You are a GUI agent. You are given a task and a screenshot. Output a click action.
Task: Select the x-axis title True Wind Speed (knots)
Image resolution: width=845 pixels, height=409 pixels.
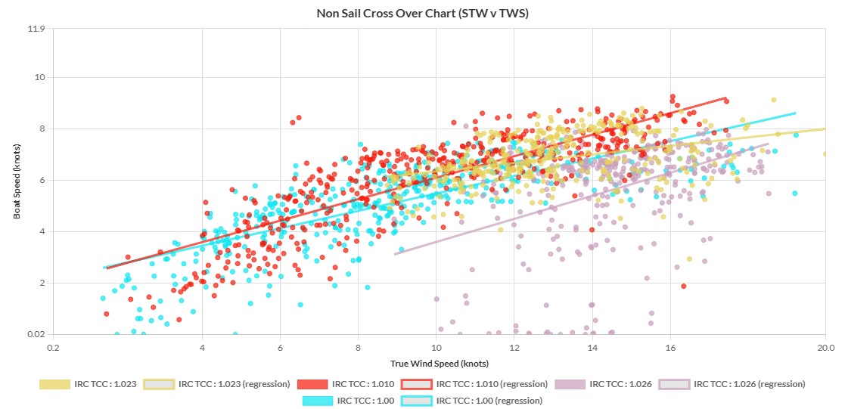point(437,364)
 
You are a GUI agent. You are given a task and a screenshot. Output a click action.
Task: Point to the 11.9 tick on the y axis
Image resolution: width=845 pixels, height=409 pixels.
point(36,29)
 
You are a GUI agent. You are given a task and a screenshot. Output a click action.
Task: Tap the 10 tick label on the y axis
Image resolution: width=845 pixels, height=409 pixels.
point(40,77)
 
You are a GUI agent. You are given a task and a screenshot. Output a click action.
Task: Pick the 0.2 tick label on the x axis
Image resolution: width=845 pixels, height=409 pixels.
point(53,349)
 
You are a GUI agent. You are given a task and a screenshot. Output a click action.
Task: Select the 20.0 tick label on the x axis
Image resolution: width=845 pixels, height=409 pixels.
point(825,349)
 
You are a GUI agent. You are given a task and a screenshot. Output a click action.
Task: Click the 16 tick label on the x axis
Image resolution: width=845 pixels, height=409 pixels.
point(670,349)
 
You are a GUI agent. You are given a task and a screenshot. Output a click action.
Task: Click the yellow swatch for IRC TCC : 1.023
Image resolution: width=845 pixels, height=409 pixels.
point(54,384)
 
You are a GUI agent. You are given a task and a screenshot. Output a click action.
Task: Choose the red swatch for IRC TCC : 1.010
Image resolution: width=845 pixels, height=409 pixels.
point(312,384)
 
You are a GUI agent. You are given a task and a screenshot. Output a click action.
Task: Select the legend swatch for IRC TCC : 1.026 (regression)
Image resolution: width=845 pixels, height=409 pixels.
point(674,384)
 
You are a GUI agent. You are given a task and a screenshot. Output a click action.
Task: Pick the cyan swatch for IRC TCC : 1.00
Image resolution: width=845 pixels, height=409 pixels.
point(317,401)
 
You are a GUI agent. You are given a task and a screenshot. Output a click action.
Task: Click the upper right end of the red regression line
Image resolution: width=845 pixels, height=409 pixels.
point(726,98)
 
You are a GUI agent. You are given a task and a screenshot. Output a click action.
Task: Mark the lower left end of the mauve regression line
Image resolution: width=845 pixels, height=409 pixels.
point(395,254)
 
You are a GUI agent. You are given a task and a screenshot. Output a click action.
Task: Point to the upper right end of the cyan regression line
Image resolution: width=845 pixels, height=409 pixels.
point(795,113)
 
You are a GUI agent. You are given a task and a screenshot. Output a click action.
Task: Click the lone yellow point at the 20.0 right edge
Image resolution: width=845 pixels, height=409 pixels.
point(825,153)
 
